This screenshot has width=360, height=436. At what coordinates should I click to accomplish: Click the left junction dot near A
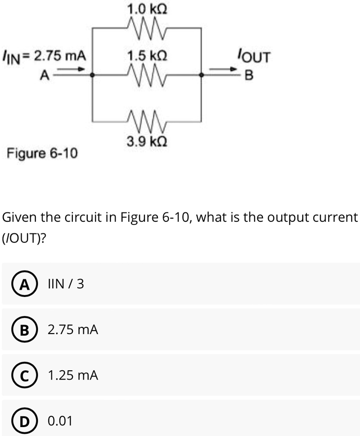point(93,76)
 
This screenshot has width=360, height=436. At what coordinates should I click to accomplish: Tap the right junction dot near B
point(202,76)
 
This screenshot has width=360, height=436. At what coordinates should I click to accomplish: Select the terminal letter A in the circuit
point(44,76)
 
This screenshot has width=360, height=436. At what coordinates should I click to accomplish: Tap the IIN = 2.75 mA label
point(44,57)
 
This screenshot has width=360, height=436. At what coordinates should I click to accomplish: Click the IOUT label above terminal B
point(254,57)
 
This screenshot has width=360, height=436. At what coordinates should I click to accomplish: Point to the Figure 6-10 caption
point(42,153)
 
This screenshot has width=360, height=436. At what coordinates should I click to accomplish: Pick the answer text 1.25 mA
point(72,376)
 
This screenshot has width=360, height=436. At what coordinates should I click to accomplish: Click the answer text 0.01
point(60,421)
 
